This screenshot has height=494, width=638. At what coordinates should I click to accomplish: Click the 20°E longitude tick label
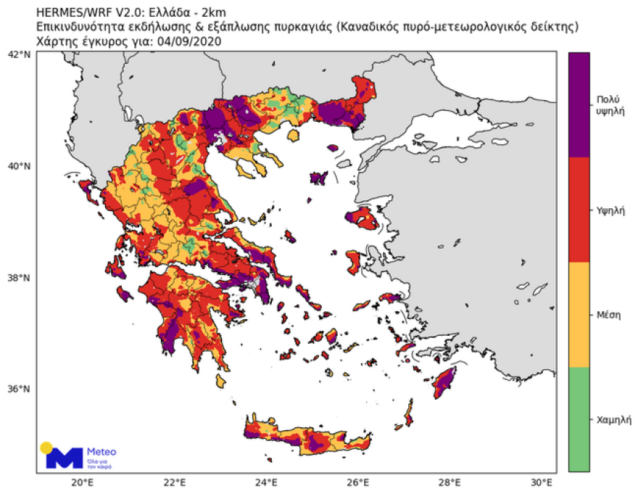(x=82, y=482)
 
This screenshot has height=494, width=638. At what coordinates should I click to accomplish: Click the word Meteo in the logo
(x=101, y=451)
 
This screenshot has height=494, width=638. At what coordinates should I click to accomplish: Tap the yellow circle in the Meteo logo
(x=46, y=447)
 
